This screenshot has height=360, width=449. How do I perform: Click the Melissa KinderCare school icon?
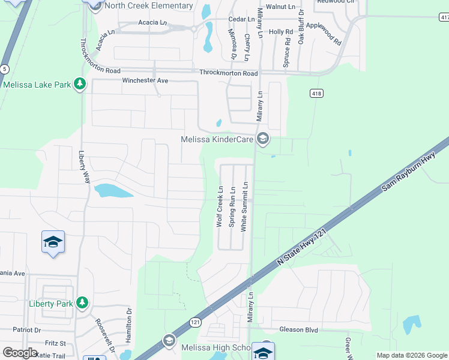(x=262, y=139)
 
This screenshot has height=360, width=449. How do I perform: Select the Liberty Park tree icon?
(x=82, y=304)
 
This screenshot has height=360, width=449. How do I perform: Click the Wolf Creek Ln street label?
(x=220, y=206)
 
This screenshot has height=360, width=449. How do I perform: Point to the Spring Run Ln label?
(x=232, y=206)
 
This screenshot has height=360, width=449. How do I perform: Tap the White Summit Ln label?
(x=244, y=206)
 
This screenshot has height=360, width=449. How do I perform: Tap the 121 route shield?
(x=195, y=322)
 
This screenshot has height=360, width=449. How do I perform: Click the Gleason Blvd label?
(x=298, y=329)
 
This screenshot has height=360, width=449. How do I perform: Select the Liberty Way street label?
(x=84, y=167)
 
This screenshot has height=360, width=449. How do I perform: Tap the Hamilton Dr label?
(x=128, y=325)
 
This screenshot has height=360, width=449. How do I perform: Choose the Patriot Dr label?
(x=26, y=330)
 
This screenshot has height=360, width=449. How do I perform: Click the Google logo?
(x=20, y=353)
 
